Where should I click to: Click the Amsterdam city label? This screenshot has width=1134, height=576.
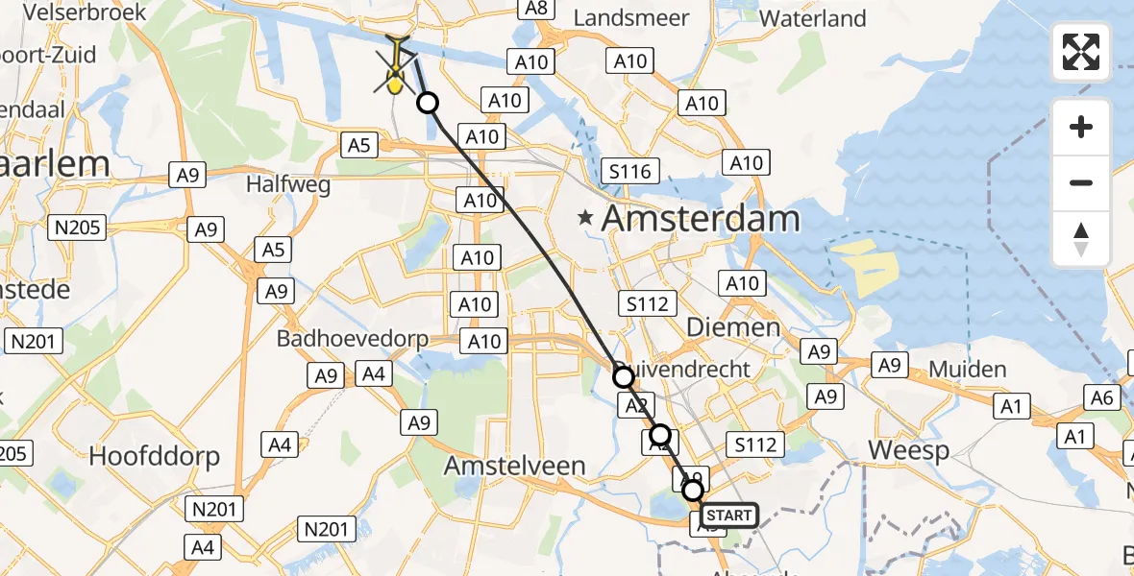click(x=700, y=219)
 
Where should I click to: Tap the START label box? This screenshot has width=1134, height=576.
click(x=728, y=516)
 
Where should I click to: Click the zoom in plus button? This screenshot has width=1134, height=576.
click(x=1081, y=127)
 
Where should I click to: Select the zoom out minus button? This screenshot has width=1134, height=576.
click(x=1081, y=182)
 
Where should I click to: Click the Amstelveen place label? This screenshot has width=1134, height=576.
click(x=514, y=467)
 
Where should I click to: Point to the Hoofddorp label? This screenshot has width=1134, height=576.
click(x=154, y=456)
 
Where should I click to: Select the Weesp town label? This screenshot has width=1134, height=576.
click(x=908, y=450)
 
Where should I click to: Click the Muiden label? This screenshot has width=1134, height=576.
click(x=967, y=370)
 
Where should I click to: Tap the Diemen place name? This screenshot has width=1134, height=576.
click(x=733, y=327)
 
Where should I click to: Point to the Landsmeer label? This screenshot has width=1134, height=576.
click(x=630, y=18)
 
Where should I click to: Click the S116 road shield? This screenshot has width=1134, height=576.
click(x=629, y=173)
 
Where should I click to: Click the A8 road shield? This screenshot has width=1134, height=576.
click(x=535, y=8)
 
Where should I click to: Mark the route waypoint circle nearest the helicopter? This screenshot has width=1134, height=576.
click(x=427, y=103)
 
